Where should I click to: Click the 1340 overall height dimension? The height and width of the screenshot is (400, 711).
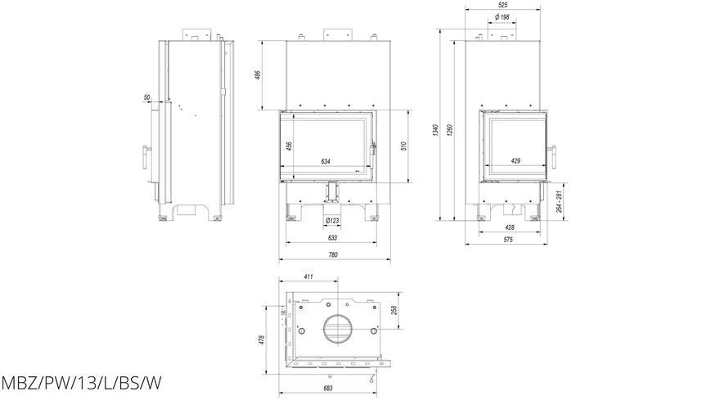436,130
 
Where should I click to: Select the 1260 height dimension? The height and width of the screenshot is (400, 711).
450,130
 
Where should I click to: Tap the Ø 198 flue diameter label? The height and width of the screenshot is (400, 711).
502,17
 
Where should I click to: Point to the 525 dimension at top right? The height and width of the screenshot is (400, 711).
502,5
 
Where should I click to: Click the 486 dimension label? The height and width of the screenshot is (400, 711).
259,74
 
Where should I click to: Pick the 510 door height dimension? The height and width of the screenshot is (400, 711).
404,146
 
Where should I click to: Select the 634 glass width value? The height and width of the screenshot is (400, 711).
326,161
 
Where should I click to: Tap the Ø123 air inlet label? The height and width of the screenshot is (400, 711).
332,221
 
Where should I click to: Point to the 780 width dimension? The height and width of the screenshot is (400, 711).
333,255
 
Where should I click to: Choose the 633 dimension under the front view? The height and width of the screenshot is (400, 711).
332,238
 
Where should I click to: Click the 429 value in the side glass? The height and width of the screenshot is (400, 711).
515,160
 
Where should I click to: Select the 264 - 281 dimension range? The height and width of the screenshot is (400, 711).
559,201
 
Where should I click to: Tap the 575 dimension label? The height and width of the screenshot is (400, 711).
508,240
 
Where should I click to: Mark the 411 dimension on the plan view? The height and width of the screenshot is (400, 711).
308,276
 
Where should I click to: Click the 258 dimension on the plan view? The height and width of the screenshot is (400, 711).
394,310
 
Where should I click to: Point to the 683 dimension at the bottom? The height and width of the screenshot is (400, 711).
328,389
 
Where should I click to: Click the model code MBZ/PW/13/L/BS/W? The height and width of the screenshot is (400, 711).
81,384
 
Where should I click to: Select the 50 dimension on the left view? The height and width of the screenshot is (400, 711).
147,97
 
